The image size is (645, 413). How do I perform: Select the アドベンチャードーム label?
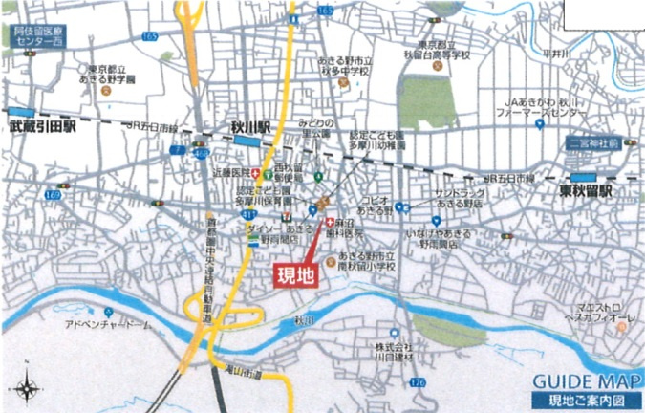coord(108,325)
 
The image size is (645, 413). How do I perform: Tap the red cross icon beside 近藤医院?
coord(257,172)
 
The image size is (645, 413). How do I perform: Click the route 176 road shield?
coord(415,382)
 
